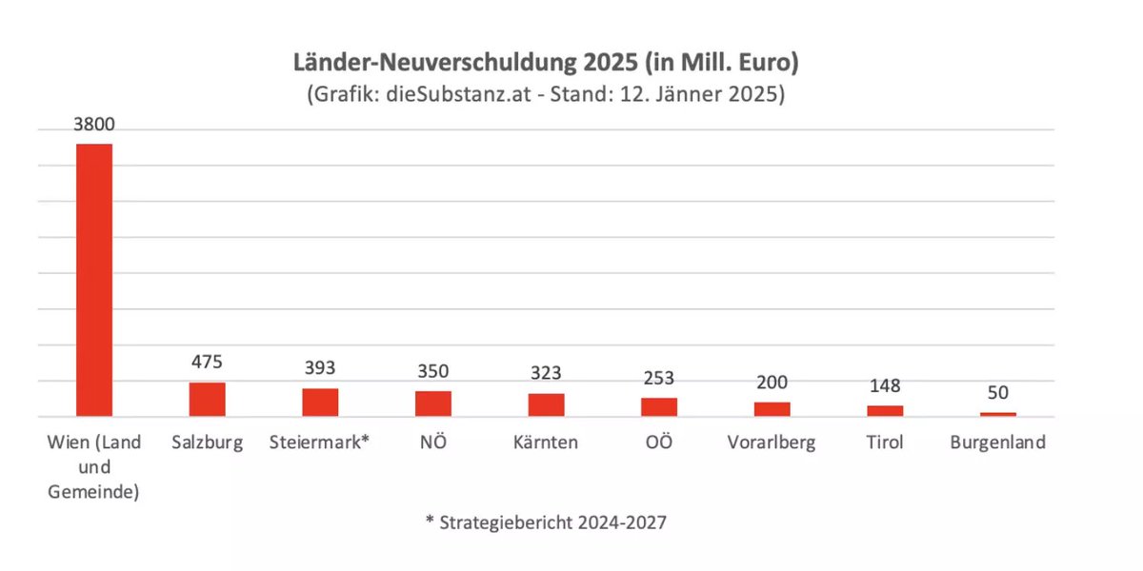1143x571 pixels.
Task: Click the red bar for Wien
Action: click(94, 280)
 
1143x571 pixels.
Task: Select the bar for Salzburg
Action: click(207, 399)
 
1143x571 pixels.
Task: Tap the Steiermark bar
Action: click(320, 402)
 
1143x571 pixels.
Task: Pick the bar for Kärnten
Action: click(547, 404)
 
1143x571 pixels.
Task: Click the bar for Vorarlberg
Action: click(772, 409)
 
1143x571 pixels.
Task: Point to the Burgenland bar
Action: click(998, 414)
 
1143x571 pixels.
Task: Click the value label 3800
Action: click(94, 126)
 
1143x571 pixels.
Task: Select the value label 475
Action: click(207, 364)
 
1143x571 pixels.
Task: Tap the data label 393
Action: click(320, 369)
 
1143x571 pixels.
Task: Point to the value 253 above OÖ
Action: click(659, 379)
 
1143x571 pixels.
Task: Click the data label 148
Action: click(885, 386)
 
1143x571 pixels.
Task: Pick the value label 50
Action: click(998, 393)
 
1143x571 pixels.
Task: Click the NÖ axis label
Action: click(433, 443)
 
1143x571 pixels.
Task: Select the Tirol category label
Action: click(885, 443)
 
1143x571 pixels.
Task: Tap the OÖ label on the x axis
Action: click(659, 443)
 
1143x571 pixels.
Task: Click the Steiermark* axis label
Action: click(320, 443)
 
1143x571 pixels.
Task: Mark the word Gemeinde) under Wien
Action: click(94, 492)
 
